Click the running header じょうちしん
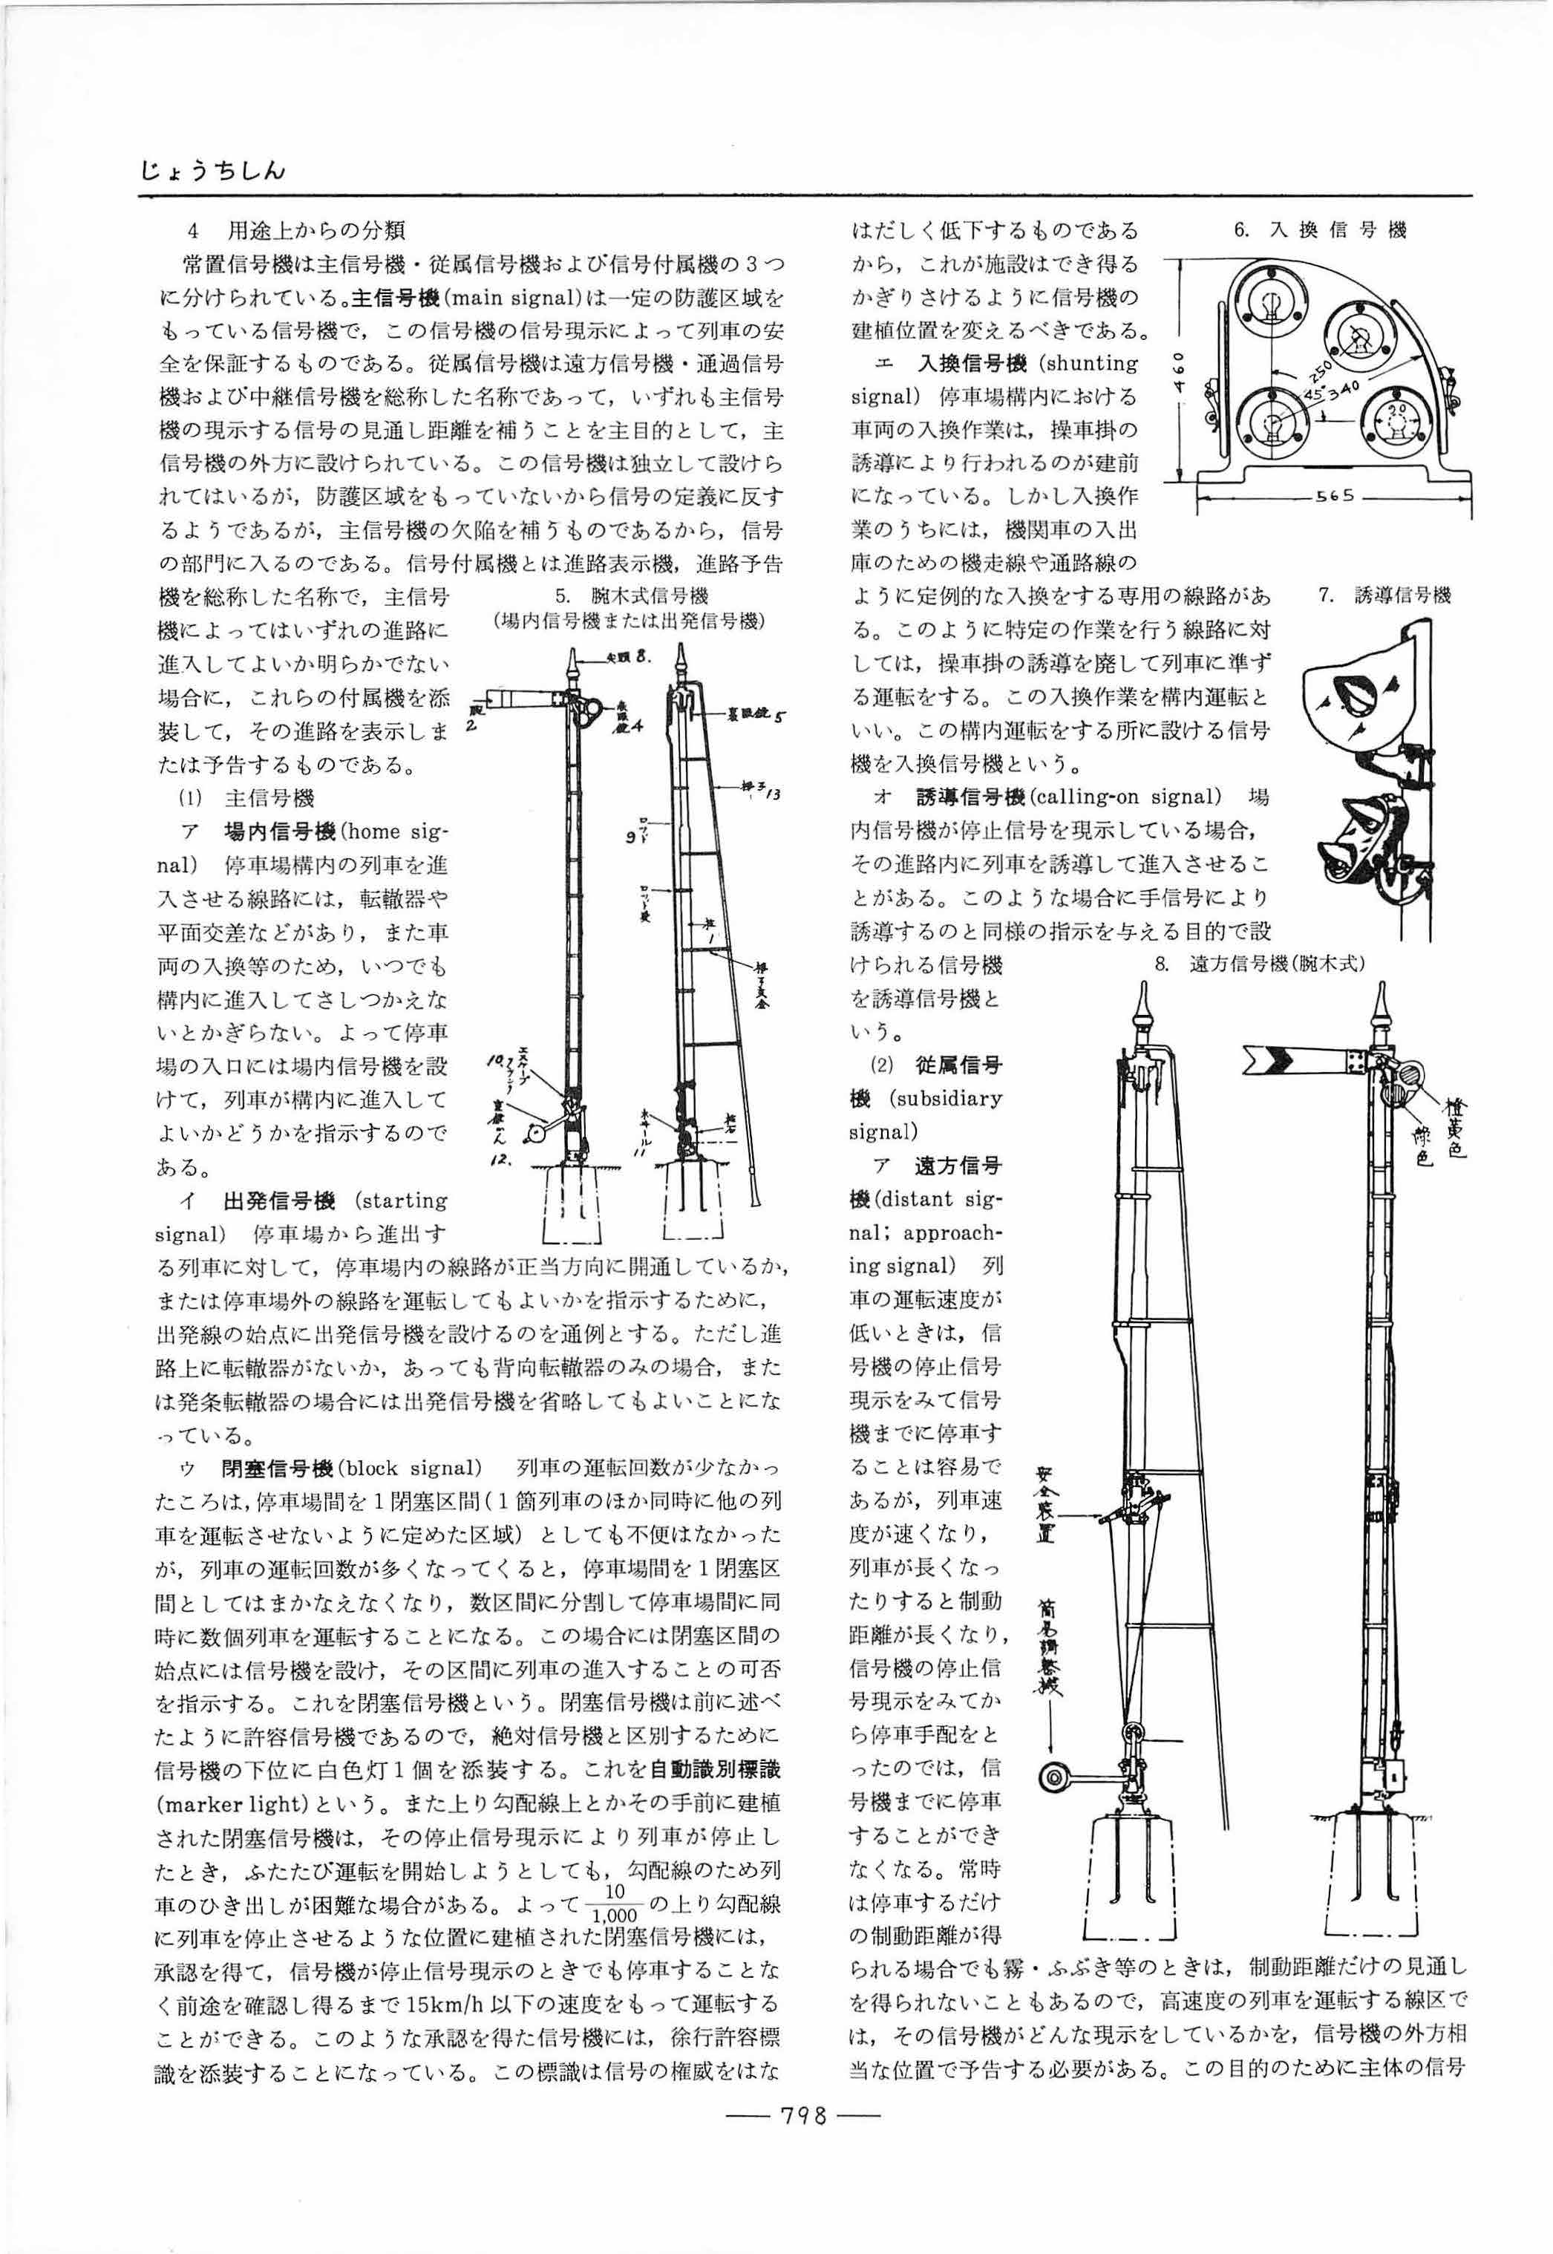click(212, 171)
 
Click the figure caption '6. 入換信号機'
click(1319, 231)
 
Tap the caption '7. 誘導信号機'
click(1384, 595)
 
